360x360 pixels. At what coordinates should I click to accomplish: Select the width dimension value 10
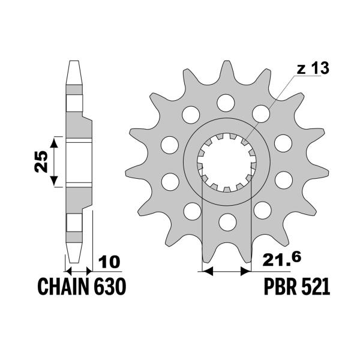point(109,262)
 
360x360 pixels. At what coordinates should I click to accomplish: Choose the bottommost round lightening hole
point(227,222)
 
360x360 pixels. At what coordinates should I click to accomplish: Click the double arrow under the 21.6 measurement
point(227,271)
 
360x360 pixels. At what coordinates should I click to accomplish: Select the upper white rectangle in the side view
point(74,103)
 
